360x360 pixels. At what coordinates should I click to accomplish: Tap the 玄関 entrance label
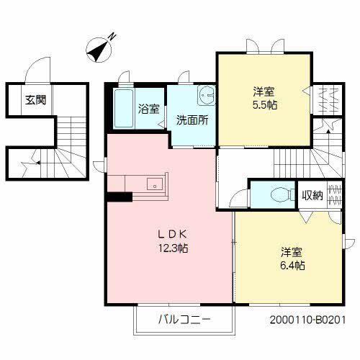(33, 100)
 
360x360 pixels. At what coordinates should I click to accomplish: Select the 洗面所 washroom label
(192, 120)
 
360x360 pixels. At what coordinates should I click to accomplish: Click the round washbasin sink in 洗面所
(207, 93)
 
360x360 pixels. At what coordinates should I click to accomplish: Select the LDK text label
(174, 234)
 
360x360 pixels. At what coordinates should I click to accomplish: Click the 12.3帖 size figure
(174, 248)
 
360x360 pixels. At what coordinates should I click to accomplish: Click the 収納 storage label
(312, 194)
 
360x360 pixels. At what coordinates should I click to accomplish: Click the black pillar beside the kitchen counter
(117, 195)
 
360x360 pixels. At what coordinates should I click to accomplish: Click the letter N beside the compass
(112, 37)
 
